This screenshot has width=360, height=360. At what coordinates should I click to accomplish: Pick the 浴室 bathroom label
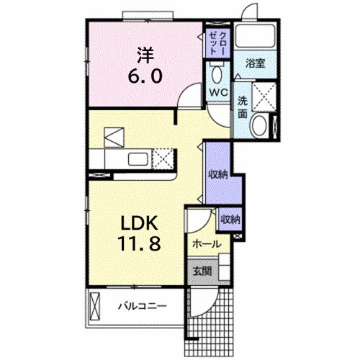pos(256,63)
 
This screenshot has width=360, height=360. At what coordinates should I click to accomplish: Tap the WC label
pos(219,93)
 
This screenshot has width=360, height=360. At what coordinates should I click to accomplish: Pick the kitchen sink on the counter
pos(138,158)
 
